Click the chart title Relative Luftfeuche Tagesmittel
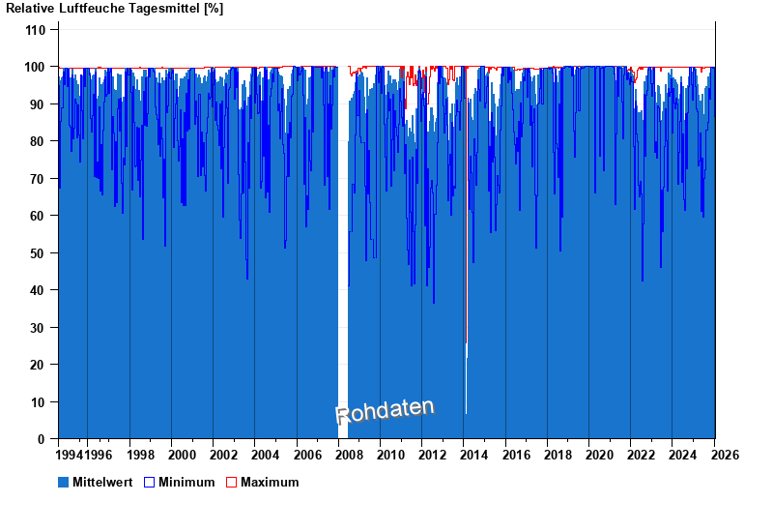[115, 9]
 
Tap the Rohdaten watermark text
[385, 411]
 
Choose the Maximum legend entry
[270, 482]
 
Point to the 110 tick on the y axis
[36, 30]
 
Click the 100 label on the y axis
[36, 67]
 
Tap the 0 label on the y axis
[43, 439]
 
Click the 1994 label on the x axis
[71, 455]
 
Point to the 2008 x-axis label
[349, 455]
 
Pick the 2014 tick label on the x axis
[474, 455]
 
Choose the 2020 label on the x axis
[600, 455]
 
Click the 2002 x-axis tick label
[224, 455]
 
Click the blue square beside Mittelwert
[64, 482]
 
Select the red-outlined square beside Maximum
[231, 482]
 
